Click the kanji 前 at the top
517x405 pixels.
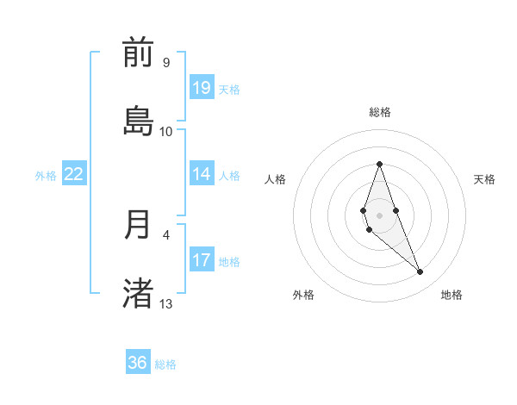(138, 53)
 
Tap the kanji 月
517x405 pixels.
(138, 224)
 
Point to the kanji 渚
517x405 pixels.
(138, 291)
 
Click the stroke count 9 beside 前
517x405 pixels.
(166, 63)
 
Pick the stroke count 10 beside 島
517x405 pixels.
(166, 131)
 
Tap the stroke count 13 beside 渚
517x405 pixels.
(166, 303)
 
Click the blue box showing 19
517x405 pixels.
(201, 88)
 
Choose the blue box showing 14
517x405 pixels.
(201, 174)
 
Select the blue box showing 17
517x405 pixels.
(201, 260)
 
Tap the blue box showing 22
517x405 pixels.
(74, 174)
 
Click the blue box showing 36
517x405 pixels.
(138, 363)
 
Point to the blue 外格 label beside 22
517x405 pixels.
(46, 176)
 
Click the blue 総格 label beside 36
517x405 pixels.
(166, 364)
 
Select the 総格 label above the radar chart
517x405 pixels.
(380, 112)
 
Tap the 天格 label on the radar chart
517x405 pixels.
(484, 179)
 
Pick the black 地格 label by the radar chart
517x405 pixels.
(452, 295)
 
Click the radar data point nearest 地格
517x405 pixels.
(420, 272)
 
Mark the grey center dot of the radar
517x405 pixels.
(379, 215)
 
